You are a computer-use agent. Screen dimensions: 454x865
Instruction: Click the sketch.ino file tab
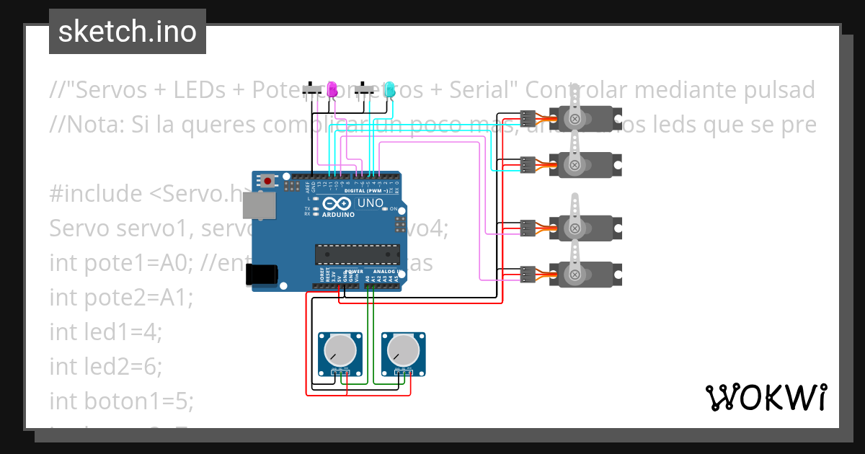(x=127, y=32)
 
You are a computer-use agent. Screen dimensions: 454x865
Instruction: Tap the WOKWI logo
(x=766, y=397)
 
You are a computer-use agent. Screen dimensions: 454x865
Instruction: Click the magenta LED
(x=332, y=89)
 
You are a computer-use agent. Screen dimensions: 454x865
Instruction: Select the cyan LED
(x=389, y=89)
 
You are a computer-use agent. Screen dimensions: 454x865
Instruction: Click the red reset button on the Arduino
(x=268, y=180)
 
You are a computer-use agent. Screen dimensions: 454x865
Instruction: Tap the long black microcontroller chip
(x=358, y=254)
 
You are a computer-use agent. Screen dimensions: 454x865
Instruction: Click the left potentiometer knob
(x=339, y=351)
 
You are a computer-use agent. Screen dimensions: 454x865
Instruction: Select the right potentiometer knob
(x=402, y=351)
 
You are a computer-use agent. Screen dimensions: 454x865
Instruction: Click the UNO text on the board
(x=370, y=202)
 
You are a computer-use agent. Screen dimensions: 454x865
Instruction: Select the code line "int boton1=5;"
(x=121, y=401)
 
